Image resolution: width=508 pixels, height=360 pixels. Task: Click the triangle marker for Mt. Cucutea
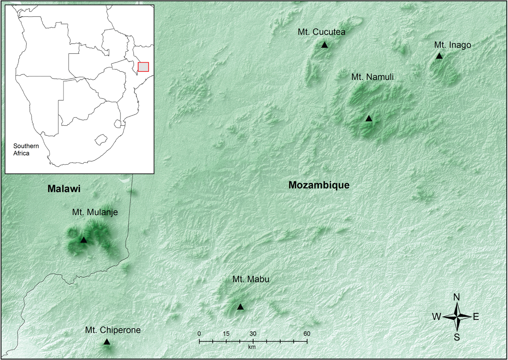(324, 45)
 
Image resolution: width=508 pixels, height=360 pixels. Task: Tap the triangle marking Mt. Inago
(439, 56)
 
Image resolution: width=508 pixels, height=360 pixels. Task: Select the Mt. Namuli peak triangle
(369, 119)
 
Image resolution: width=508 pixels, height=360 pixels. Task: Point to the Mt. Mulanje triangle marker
(83, 240)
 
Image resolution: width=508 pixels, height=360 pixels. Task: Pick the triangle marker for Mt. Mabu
(240, 307)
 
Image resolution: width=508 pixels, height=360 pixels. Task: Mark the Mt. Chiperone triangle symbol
(107, 342)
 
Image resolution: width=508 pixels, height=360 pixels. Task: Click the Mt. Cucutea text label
(321, 32)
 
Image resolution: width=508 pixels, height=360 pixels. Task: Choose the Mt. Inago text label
(452, 45)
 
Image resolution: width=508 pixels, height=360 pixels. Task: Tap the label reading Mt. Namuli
(372, 77)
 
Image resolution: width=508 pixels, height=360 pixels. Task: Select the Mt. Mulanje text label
(95, 212)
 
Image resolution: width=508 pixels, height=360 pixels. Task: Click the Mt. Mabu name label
(251, 279)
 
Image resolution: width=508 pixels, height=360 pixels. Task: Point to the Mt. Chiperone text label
(113, 330)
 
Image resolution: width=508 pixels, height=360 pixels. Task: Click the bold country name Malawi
(64, 189)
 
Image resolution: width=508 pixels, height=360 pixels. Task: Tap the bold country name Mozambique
(319, 185)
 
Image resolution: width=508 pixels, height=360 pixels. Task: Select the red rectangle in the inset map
(143, 67)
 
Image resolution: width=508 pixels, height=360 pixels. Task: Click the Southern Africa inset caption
(26, 150)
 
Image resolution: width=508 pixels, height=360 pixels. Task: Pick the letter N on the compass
(456, 297)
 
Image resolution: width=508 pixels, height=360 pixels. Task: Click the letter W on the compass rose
(436, 317)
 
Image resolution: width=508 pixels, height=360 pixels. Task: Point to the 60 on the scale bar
(307, 334)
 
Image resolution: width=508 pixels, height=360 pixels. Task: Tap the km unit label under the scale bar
(252, 347)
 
